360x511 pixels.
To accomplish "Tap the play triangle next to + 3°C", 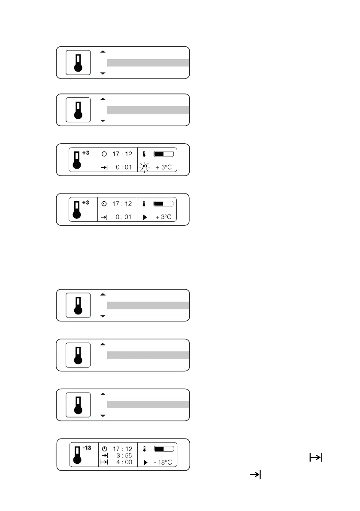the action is pos(144,217).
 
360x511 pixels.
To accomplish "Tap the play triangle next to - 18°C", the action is pos(145,463).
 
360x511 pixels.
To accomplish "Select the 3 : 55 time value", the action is pos(124,455).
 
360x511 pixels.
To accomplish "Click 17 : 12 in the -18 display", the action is pos(123,449).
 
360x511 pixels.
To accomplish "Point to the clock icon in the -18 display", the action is pos(104,449).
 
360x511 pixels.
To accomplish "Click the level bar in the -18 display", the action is pos(163,449).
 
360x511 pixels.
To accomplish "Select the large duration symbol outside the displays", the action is pos(315,458).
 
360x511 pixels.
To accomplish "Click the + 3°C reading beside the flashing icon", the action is pos(163,167).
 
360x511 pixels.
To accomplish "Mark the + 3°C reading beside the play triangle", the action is pos(163,217).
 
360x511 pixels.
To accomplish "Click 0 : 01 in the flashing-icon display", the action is pos(124,167).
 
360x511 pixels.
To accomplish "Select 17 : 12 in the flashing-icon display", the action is pos(122,154).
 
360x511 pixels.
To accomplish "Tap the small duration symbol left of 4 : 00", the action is pos(104,462).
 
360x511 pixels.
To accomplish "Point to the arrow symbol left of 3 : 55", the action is pos(104,455).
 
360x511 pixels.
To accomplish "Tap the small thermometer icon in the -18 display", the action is pos(145,449).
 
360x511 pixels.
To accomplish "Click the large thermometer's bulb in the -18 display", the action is pos(78,460).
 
